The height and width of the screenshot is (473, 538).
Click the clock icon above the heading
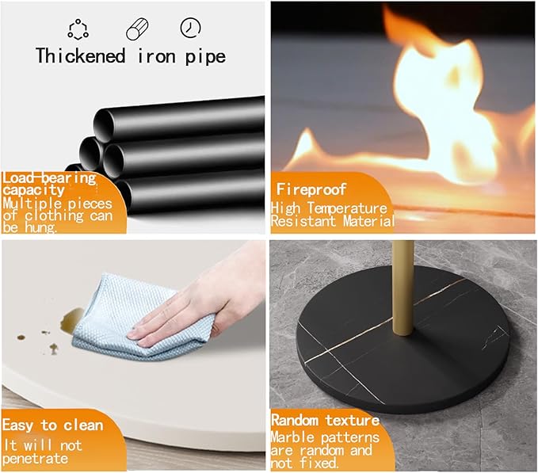[x=190, y=28]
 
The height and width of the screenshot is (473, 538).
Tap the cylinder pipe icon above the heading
[x=137, y=29]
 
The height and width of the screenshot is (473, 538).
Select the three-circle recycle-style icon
[x=78, y=29]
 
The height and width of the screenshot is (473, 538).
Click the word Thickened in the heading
[x=80, y=55]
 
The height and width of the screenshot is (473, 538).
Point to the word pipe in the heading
[x=205, y=57]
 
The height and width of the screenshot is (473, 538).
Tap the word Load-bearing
[x=49, y=178]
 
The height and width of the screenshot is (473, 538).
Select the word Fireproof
[x=311, y=189]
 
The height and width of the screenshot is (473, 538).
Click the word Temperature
[x=347, y=208]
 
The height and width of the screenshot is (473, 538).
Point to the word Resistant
[x=303, y=221]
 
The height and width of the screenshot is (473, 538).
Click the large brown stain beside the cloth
[x=71, y=320]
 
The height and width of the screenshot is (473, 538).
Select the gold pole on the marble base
[x=403, y=288]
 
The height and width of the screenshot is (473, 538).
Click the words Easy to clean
[x=52, y=425]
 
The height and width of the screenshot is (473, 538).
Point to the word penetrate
[x=36, y=459]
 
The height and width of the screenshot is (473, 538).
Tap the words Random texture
[x=325, y=420]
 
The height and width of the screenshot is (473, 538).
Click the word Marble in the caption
[x=292, y=437]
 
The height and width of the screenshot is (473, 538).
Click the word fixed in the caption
[x=319, y=463]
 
